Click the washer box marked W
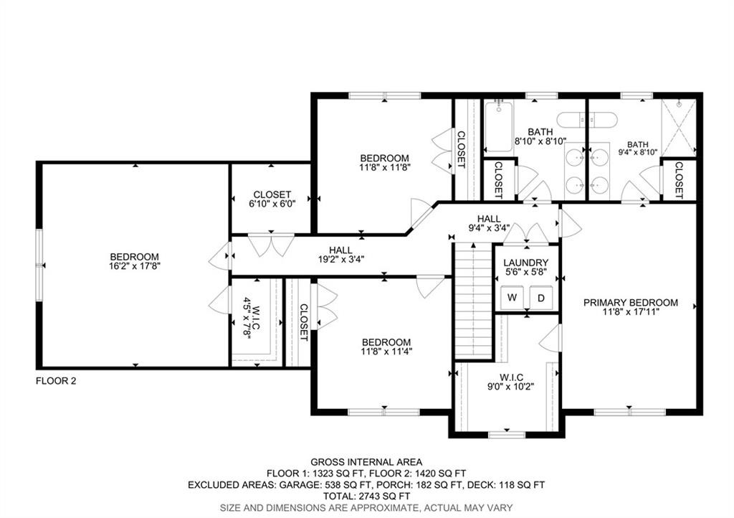pos(512,297)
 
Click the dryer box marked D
pos(541,297)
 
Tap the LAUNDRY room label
pos(525,263)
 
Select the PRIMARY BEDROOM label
pos(630,303)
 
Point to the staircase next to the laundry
pos(472,301)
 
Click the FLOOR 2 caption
pos(56,381)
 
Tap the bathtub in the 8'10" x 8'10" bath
pos(498,127)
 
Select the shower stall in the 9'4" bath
pos(677,127)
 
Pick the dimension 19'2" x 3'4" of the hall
pos(340,260)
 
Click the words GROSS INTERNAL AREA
pos(366,462)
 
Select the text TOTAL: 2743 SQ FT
pos(366,496)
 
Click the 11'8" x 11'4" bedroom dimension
pos(386,352)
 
